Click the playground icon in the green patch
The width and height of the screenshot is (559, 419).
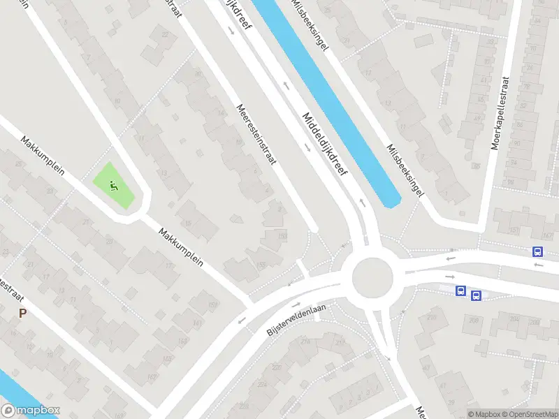tap(114, 186)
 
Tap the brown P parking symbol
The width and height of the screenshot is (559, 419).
tap(23, 314)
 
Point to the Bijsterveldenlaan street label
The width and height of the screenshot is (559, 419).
tap(297, 320)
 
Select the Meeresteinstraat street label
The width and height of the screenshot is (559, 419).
tap(256, 135)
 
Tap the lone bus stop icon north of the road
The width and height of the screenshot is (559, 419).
tap(537, 252)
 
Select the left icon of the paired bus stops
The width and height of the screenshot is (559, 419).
tap(460, 291)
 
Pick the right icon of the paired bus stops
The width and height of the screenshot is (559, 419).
tap(476, 296)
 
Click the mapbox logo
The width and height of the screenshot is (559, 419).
tap(30, 411)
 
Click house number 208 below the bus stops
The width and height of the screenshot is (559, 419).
tap(474, 320)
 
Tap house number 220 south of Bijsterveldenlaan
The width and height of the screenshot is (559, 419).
tap(277, 367)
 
